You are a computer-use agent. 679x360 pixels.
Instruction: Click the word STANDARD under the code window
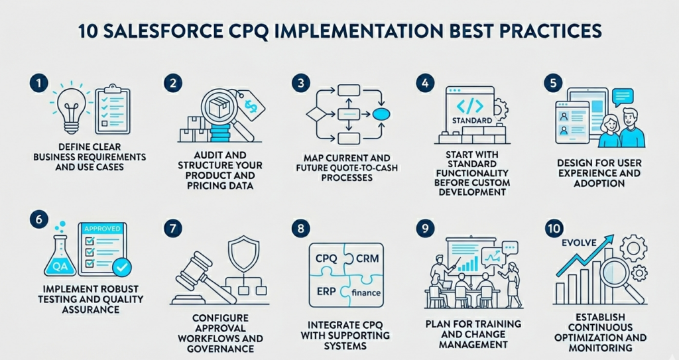[471, 121]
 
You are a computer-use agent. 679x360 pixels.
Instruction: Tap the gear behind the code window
[499, 106]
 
